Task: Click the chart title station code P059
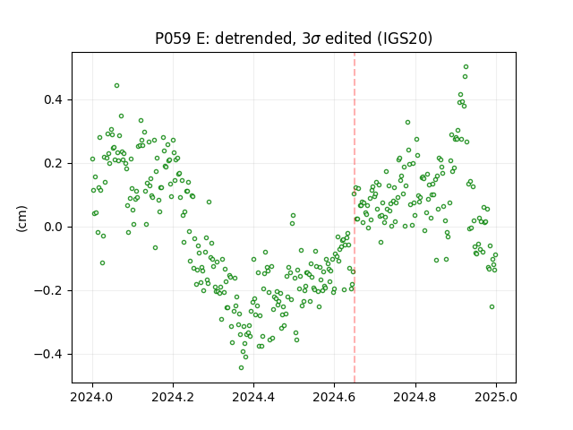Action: click(173, 38)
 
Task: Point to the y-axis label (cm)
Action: click(21, 219)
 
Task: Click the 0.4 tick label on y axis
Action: click(53, 99)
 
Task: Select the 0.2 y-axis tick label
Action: click(53, 163)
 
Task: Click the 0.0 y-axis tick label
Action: click(53, 227)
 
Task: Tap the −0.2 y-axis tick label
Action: click(48, 290)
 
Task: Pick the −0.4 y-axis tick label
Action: click(48, 355)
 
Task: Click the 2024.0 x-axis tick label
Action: click(92, 397)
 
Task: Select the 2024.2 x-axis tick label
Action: click(173, 397)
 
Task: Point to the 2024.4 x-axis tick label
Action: click(253, 397)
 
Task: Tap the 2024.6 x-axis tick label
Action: click(334, 397)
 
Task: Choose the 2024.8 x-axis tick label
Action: click(415, 397)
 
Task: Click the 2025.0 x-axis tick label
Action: click(496, 397)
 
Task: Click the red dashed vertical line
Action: click(355, 218)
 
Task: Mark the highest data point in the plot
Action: click(466, 67)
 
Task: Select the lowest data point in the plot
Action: click(241, 368)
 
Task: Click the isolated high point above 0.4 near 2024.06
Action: click(117, 86)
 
